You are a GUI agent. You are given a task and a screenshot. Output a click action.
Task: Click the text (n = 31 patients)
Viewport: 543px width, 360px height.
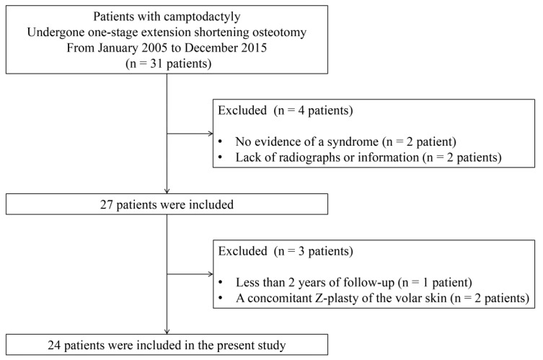coord(168,63)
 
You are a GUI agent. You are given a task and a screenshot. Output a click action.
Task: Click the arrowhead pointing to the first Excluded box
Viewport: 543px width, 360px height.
coord(210,133)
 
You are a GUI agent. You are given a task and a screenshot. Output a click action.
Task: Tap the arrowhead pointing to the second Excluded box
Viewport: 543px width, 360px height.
coord(210,274)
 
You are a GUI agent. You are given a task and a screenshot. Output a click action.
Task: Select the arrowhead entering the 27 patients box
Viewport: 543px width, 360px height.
coord(167,190)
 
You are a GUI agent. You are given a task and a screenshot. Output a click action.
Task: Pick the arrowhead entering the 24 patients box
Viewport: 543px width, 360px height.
coord(167,331)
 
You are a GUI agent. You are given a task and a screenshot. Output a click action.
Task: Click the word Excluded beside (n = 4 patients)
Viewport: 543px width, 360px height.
coord(242,110)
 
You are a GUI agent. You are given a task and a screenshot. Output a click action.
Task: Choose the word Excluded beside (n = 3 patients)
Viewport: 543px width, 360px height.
coord(242,251)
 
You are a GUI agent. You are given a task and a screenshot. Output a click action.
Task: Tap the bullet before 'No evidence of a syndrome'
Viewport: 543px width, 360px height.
coord(220,142)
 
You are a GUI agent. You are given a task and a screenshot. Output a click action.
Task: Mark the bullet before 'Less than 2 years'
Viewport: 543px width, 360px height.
coord(220,283)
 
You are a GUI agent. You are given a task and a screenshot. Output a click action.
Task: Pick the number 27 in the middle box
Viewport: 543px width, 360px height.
coord(107,205)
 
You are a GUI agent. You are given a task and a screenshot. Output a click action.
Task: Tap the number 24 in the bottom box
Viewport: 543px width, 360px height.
coord(54,346)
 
